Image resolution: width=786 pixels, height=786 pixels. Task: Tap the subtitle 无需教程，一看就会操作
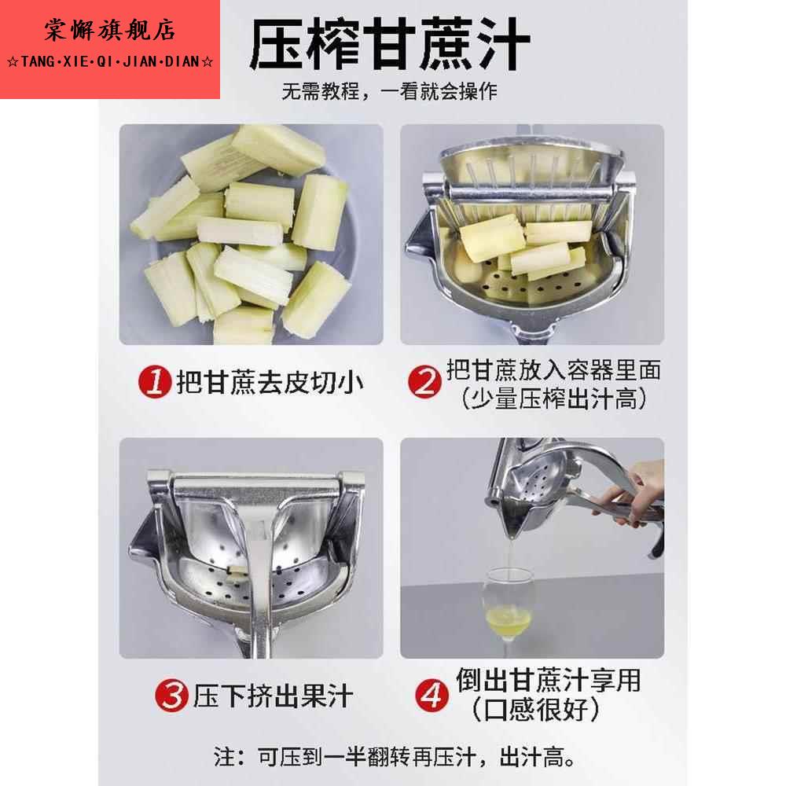(390, 91)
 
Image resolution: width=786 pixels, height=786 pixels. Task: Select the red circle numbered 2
(424, 383)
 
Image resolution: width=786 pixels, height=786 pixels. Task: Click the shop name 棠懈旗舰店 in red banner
(109, 31)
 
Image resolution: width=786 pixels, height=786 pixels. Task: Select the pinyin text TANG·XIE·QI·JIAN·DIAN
(109, 62)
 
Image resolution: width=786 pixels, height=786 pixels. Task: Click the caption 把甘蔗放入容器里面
(553, 369)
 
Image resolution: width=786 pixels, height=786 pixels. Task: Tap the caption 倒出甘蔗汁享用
(549, 680)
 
